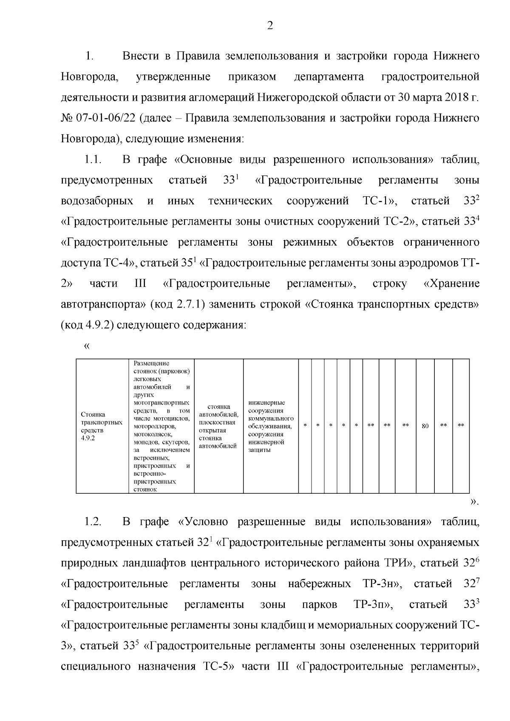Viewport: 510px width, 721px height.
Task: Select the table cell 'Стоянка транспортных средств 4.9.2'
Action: click(x=102, y=426)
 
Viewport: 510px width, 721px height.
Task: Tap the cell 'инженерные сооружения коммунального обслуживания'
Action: click(x=271, y=426)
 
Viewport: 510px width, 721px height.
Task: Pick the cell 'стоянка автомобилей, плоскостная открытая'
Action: click(x=218, y=426)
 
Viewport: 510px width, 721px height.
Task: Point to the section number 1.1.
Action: click(x=92, y=160)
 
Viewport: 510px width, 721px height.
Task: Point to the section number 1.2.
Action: click(x=92, y=522)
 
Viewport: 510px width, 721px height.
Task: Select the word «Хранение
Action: click(x=452, y=283)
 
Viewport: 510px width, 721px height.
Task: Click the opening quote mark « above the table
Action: click(x=87, y=346)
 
